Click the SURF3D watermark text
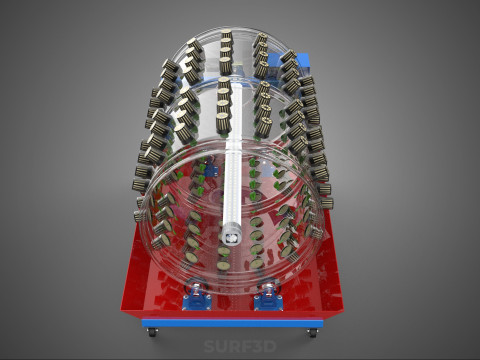click(x=240, y=347)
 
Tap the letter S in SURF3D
click(x=209, y=347)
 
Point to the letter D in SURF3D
click(x=270, y=347)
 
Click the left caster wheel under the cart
click(x=153, y=332)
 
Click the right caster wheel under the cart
click(x=312, y=332)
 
